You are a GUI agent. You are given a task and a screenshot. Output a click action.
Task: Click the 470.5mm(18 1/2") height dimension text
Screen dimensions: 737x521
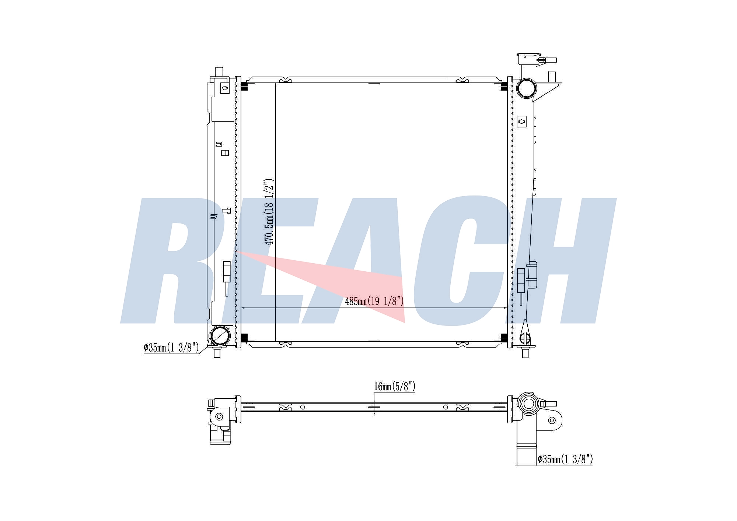(269, 212)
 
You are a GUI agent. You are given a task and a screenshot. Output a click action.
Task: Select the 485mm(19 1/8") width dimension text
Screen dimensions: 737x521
(374, 301)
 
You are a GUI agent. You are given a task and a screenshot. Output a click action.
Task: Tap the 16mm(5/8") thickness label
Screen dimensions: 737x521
(395, 386)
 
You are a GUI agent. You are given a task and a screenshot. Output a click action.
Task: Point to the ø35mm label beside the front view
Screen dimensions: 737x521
(171, 347)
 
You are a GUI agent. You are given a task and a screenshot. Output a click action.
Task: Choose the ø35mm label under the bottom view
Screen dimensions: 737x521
(565, 459)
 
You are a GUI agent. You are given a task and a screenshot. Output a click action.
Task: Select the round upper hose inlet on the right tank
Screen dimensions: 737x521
(527, 88)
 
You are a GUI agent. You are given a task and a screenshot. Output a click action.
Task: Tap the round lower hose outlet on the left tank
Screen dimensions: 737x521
(220, 335)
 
